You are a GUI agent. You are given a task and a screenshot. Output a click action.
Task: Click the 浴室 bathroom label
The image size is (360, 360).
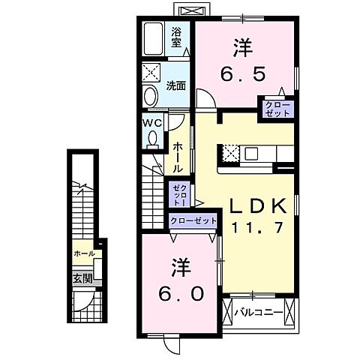[x=177, y=37]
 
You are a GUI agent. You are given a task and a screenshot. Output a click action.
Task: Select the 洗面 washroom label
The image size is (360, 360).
[x=176, y=85]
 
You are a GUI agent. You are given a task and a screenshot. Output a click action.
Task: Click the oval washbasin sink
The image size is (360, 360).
[x=151, y=96]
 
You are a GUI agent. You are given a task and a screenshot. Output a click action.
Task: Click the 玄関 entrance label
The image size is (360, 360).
[x=82, y=279]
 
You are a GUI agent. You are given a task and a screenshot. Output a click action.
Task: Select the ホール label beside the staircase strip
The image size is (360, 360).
[x=84, y=253]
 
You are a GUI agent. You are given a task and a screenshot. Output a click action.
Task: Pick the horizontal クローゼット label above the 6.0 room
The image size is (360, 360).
[x=193, y=220]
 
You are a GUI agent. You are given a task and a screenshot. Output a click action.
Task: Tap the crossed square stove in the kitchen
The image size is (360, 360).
[x=229, y=153]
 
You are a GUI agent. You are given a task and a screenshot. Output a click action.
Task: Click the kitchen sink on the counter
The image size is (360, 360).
[x=250, y=153]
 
